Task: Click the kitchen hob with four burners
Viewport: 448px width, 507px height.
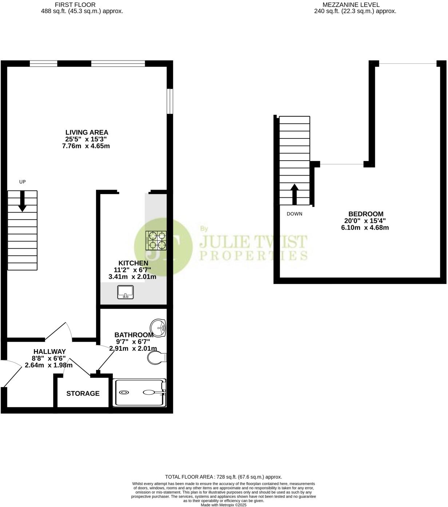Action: point(156,241)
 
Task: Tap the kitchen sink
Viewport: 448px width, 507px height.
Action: point(126,292)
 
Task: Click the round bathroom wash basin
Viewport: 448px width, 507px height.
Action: point(159,328)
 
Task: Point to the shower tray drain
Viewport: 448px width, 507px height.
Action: point(124,393)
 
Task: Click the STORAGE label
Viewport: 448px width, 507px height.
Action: point(83,394)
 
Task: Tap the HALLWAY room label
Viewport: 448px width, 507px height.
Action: point(49,352)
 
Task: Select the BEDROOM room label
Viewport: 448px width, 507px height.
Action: point(366,214)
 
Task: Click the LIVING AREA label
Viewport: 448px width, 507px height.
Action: point(87,133)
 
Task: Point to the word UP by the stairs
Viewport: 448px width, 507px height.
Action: point(23,182)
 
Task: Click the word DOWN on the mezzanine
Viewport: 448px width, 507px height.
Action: point(294,214)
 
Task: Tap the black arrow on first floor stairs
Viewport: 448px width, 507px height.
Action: point(23,201)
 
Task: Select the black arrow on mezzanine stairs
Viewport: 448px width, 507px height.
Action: point(294,194)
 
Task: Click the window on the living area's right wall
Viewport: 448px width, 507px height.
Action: point(170,101)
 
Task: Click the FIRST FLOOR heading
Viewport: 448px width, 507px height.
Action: point(75,5)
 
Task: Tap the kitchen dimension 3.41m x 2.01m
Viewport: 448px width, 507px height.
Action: point(132,277)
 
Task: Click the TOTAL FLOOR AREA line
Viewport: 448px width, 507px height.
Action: point(223,477)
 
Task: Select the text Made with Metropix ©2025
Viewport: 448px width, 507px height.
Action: point(223,505)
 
